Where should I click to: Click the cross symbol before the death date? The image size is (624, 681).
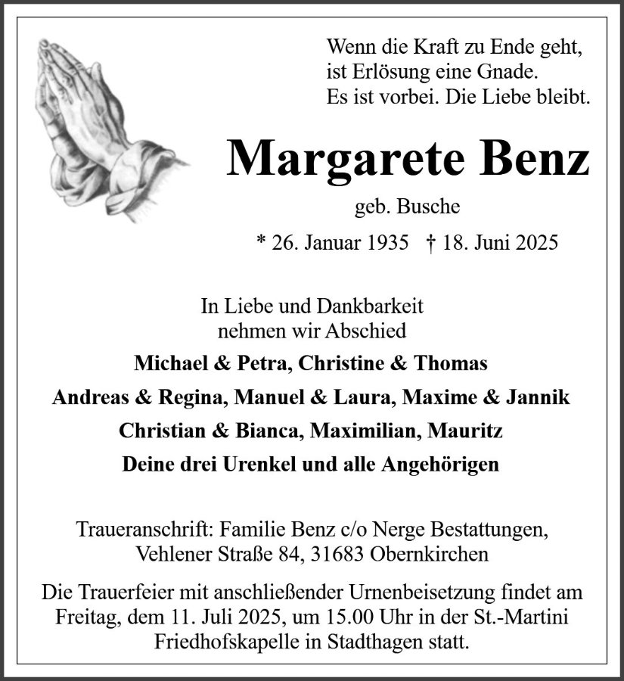point(430,243)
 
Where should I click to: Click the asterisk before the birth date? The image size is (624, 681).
point(261,241)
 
